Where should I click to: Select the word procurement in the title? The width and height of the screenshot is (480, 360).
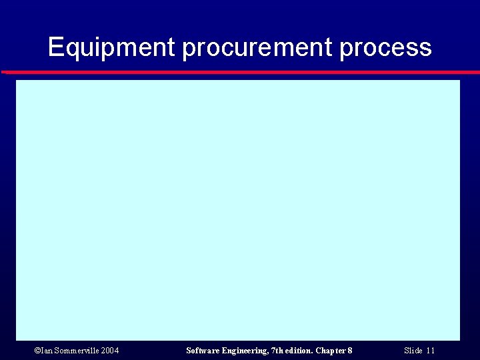pyautogui.click(x=257, y=48)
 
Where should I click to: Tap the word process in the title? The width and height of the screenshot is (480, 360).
pyautogui.click(x=385, y=48)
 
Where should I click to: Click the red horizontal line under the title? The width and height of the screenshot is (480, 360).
pyautogui.click(x=240, y=72)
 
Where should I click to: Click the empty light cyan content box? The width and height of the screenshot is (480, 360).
pyautogui.click(x=238, y=210)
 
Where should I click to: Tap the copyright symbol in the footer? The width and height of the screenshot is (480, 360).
pyautogui.click(x=37, y=351)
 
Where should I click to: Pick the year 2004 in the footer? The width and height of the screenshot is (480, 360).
pyautogui.click(x=110, y=351)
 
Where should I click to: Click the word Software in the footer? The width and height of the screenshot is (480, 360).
pyautogui.click(x=202, y=351)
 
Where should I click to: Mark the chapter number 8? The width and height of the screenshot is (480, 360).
pyautogui.click(x=350, y=351)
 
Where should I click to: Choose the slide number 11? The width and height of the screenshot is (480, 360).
pyautogui.click(x=431, y=351)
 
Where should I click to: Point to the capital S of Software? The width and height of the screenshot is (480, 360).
pyautogui.click(x=189, y=351)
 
